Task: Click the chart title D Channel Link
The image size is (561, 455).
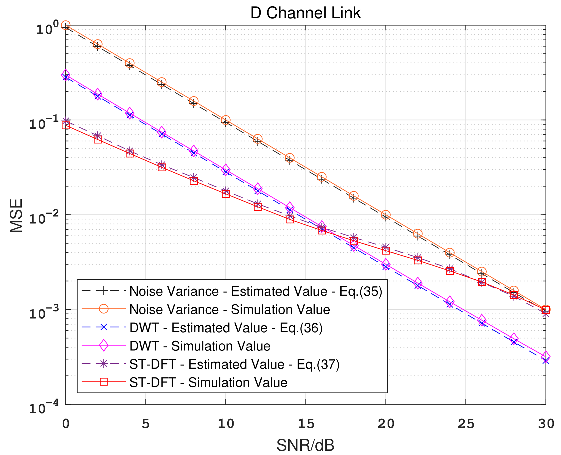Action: pyautogui.click(x=305, y=13)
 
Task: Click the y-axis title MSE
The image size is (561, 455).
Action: pyautogui.click(x=16, y=215)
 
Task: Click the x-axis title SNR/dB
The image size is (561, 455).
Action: pyautogui.click(x=305, y=445)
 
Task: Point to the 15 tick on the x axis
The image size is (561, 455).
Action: pyautogui.click(x=306, y=423)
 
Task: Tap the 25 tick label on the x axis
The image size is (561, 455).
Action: pyautogui.click(x=466, y=423)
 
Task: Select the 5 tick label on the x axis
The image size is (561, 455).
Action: pyautogui.click(x=146, y=423)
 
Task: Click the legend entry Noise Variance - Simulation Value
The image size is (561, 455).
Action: pyautogui.click(x=230, y=309)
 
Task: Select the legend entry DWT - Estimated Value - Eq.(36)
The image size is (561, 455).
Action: pyautogui.click(x=226, y=328)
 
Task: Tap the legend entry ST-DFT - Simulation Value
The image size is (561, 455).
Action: pyautogui.click(x=208, y=383)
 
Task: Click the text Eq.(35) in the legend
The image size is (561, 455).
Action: pyautogui.click(x=361, y=291)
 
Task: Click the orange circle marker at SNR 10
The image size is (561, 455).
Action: pyautogui.click(x=226, y=120)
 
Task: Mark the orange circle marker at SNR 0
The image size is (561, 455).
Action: pyautogui.click(x=66, y=25)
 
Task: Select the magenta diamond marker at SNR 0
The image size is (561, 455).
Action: pyautogui.click(x=66, y=75)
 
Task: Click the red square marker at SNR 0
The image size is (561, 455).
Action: pyautogui.click(x=66, y=125)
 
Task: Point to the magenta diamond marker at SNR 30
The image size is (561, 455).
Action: pyautogui.click(x=546, y=357)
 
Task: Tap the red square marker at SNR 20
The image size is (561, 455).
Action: pyautogui.click(x=386, y=251)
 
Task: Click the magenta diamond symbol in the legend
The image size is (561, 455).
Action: pyautogui.click(x=104, y=346)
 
